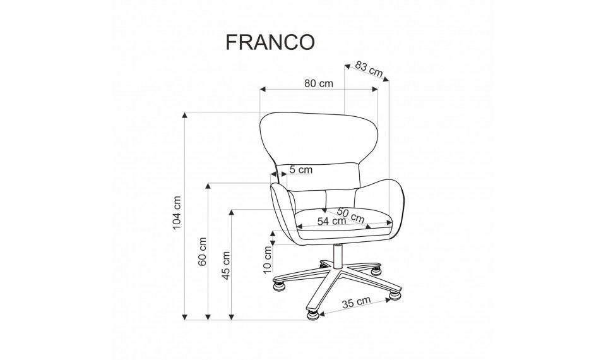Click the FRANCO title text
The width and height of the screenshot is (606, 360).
(270, 42)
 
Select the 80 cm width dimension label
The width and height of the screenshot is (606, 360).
(318, 83)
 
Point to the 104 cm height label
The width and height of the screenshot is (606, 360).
(177, 213)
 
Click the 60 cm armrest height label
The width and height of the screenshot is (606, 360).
(202, 251)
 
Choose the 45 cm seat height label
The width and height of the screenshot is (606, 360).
(226, 265)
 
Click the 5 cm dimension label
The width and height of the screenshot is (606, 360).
(300, 169)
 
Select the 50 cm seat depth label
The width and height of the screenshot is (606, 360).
(350, 215)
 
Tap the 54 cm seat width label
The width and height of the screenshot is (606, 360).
(331, 221)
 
